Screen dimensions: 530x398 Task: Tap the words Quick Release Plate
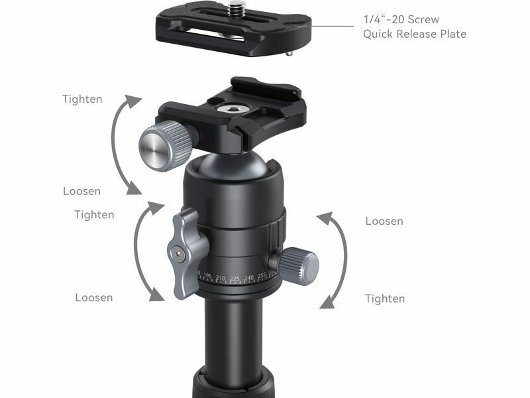415,34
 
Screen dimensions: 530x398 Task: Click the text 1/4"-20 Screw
401,19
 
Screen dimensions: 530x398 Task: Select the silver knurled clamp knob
165,145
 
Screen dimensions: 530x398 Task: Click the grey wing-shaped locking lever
186,252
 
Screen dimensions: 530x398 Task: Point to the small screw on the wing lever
178,253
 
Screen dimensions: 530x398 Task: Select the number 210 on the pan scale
221,278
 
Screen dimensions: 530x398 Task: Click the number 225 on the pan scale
235,279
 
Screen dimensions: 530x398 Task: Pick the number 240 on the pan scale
249,278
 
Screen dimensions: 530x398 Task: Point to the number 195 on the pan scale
207,276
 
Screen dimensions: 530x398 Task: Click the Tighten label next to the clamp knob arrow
82,99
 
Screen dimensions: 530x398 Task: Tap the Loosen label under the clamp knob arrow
81,191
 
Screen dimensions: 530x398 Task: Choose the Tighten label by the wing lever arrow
94,214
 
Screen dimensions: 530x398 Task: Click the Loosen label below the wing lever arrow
94,297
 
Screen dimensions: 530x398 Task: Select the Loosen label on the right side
384,221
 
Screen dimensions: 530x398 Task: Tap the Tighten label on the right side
385,298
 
